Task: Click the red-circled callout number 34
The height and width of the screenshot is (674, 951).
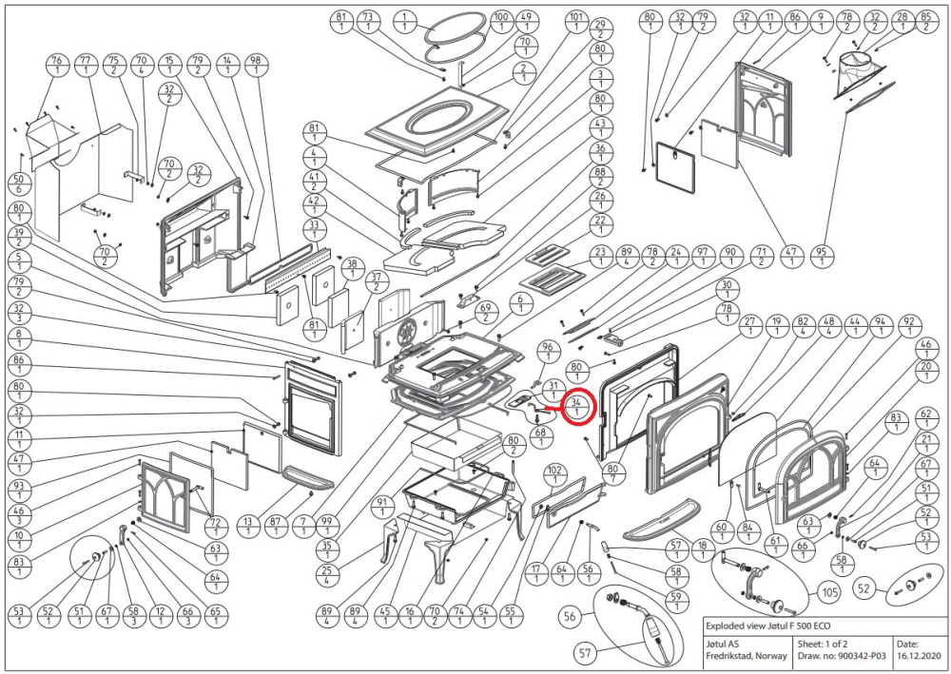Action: pos(578,407)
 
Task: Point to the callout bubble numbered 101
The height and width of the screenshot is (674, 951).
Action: pos(574,22)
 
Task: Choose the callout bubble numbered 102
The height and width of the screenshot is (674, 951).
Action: pos(554,475)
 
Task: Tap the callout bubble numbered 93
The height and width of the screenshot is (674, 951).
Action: pos(18,491)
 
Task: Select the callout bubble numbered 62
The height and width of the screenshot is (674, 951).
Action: pos(923,419)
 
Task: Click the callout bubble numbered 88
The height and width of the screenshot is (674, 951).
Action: pos(599,177)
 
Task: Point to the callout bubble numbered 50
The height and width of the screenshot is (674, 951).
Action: pos(18,183)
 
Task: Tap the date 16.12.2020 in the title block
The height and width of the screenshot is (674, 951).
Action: pos(920,657)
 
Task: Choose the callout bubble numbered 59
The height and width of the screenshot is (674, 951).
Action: pos(677,600)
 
